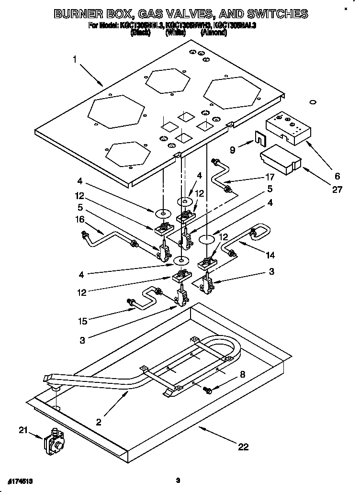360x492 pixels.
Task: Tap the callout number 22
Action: (x=243, y=447)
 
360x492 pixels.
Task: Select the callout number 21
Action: (x=22, y=430)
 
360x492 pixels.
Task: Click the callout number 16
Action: (x=79, y=219)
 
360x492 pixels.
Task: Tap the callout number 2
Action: (x=98, y=422)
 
